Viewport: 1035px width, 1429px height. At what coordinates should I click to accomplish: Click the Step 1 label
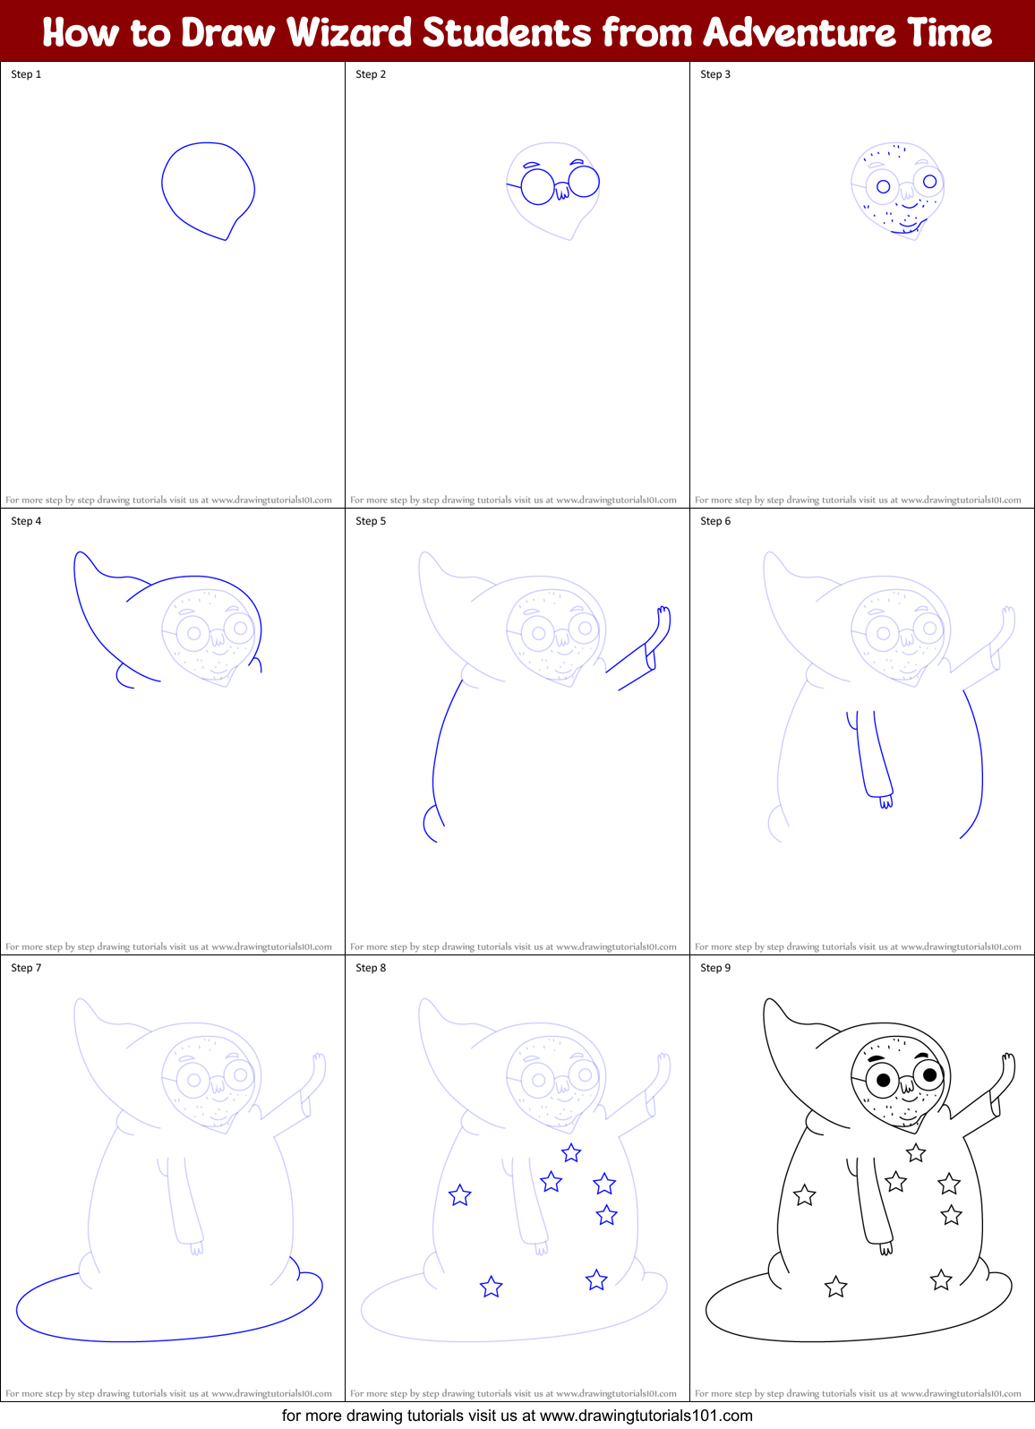click(26, 74)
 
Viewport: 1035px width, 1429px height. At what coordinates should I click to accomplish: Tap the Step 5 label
click(371, 521)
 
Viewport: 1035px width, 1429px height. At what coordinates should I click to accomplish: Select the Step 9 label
click(715, 968)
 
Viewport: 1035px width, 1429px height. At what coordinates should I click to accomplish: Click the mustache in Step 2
click(561, 191)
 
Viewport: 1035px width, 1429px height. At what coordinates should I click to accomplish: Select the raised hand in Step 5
click(663, 617)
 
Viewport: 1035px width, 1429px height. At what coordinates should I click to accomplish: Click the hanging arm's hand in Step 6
click(885, 801)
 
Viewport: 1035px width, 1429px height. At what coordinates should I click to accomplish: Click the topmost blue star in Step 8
click(571, 1152)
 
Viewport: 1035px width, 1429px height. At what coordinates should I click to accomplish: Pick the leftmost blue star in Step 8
click(459, 1195)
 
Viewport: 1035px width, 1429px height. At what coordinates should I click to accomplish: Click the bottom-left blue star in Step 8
click(491, 1288)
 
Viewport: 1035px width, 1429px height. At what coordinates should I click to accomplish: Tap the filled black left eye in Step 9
click(883, 1080)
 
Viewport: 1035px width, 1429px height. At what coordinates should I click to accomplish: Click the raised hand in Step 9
click(1007, 1065)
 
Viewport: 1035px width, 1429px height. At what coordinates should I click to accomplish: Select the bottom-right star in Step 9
click(941, 1280)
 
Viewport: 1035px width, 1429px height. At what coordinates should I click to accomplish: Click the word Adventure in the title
click(797, 33)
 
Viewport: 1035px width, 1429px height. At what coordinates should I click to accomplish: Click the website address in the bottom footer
click(646, 1416)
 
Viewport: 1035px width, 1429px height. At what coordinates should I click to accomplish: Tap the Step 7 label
click(26, 968)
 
